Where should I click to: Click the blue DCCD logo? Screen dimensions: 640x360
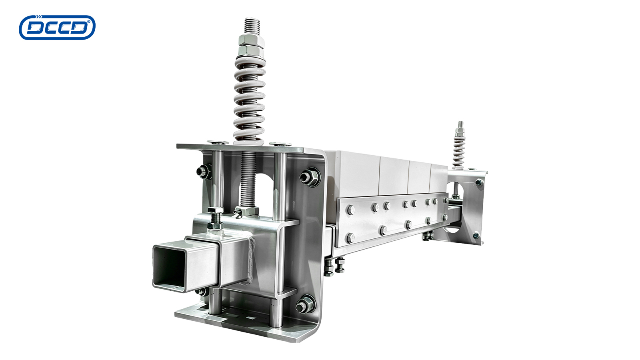[x=57, y=28]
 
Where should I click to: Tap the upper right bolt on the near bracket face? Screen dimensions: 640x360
[x=310, y=177]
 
